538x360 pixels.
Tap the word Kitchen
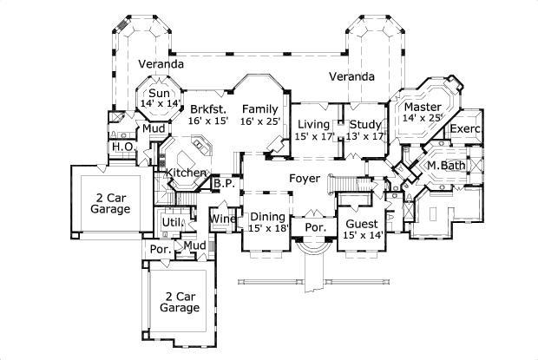point(186,173)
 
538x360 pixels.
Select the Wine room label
point(223,219)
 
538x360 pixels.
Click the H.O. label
point(121,147)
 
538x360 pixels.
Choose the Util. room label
point(171,222)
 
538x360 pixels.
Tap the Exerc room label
point(465,130)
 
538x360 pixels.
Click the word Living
point(314,124)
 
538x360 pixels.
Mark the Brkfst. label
point(207,109)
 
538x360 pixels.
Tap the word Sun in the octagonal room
point(158,93)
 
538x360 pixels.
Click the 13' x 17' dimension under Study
point(365,136)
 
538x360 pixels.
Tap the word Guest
point(358,222)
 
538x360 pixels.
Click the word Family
point(260,109)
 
